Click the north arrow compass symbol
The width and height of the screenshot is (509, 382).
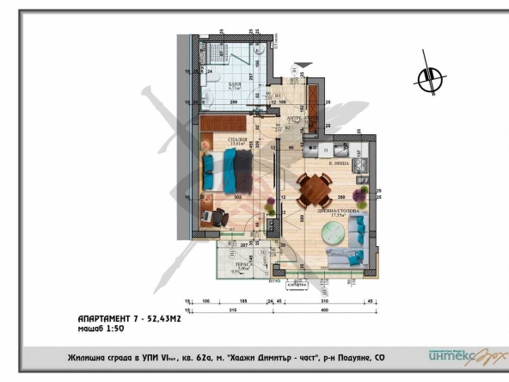pyautogui.click(x=427, y=79)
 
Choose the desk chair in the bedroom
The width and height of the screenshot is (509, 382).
pyautogui.click(x=209, y=218)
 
